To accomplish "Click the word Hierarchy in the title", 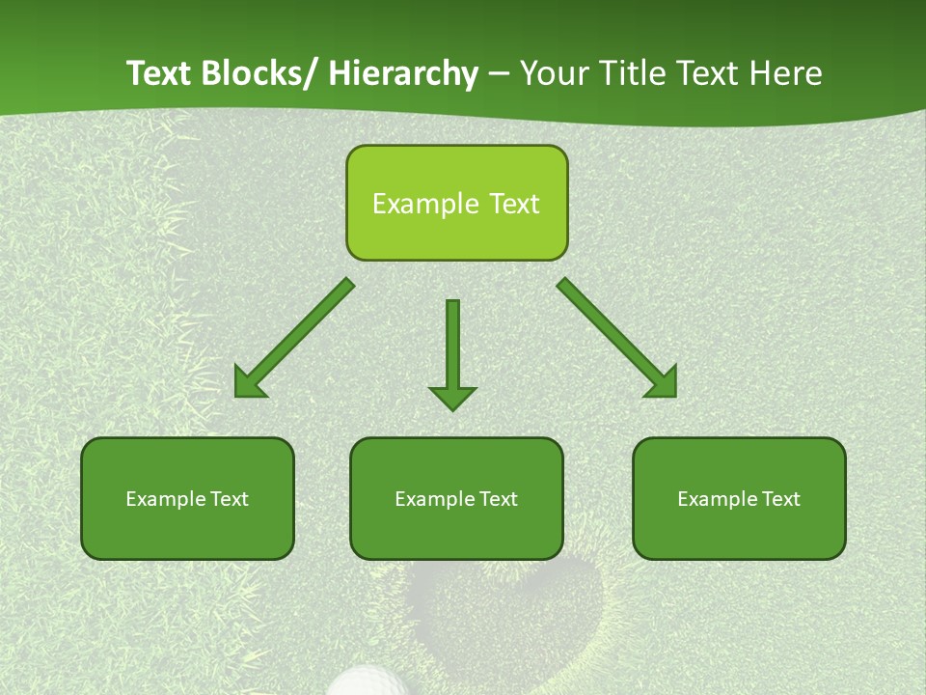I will pyautogui.click(x=403, y=73).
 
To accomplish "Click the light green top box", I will pyautogui.click(x=456, y=203).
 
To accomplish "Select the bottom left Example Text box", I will pyautogui.click(x=187, y=498).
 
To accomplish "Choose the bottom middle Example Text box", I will pyautogui.click(x=456, y=498).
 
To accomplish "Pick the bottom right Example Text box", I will pyautogui.click(x=739, y=498).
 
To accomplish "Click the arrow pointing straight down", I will pyautogui.click(x=452, y=352).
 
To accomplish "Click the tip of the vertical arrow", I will pyautogui.click(x=452, y=409).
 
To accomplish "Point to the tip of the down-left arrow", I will pyautogui.click(x=237, y=395).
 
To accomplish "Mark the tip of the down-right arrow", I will pyautogui.click(x=674, y=395).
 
